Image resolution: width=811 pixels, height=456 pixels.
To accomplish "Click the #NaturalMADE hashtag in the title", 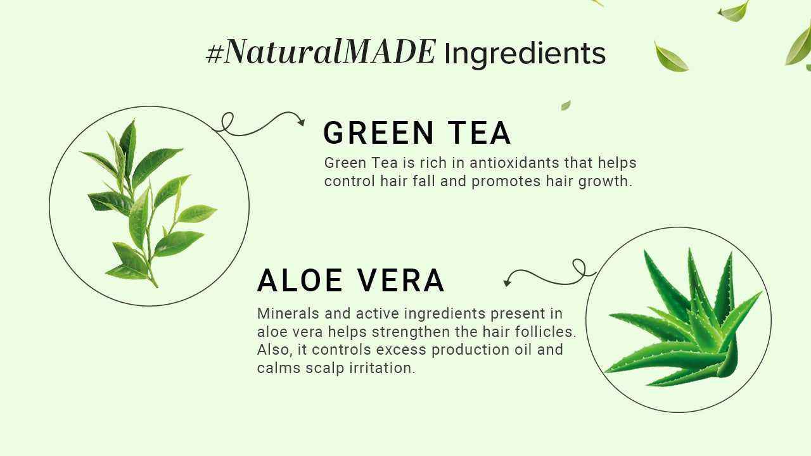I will [x=321, y=52].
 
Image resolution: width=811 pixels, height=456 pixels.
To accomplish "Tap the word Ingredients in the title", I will [x=525, y=54].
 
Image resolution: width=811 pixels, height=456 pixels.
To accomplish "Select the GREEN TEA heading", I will [x=417, y=133].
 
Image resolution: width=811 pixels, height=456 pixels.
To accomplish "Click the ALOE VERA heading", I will [x=351, y=281].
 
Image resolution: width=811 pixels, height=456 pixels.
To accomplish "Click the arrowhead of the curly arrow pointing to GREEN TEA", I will [x=301, y=122].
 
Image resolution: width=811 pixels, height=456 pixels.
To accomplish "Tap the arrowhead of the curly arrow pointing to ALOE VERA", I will [x=507, y=283].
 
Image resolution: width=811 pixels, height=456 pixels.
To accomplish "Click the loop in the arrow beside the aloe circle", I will [x=578, y=265].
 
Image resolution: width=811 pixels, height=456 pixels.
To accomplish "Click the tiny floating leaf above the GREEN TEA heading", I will [x=566, y=105].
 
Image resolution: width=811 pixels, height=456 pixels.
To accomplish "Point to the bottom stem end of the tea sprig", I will [x=155, y=286].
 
